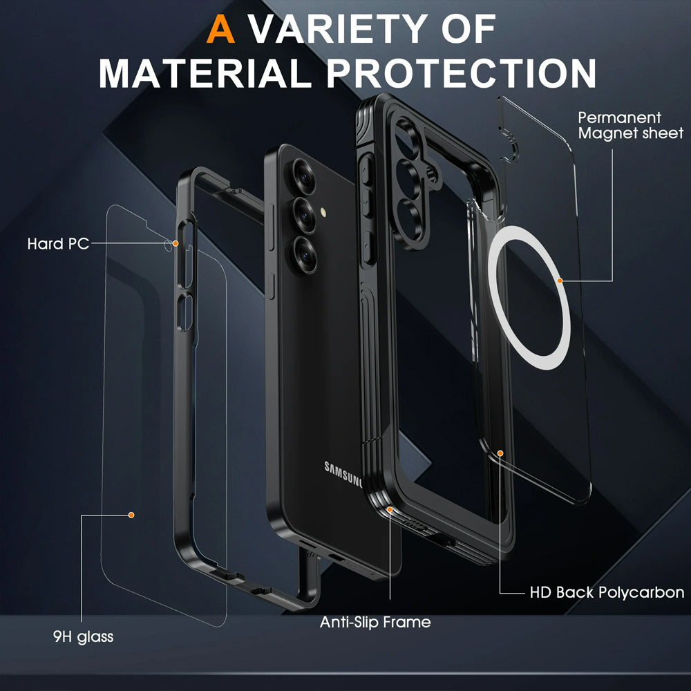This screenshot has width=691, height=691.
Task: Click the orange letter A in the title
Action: (222, 28)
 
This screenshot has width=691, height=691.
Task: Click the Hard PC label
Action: (58, 244)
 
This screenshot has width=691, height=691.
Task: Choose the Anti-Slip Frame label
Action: (375, 622)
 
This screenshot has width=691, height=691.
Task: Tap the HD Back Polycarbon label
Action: (607, 592)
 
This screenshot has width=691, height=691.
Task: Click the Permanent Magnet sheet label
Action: (630, 125)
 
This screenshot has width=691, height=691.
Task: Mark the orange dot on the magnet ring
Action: (560, 281)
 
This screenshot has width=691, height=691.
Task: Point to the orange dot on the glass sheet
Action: (131, 515)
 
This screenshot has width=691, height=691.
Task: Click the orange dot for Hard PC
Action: (176, 243)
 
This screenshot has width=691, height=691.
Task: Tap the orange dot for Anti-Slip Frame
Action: (390, 510)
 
